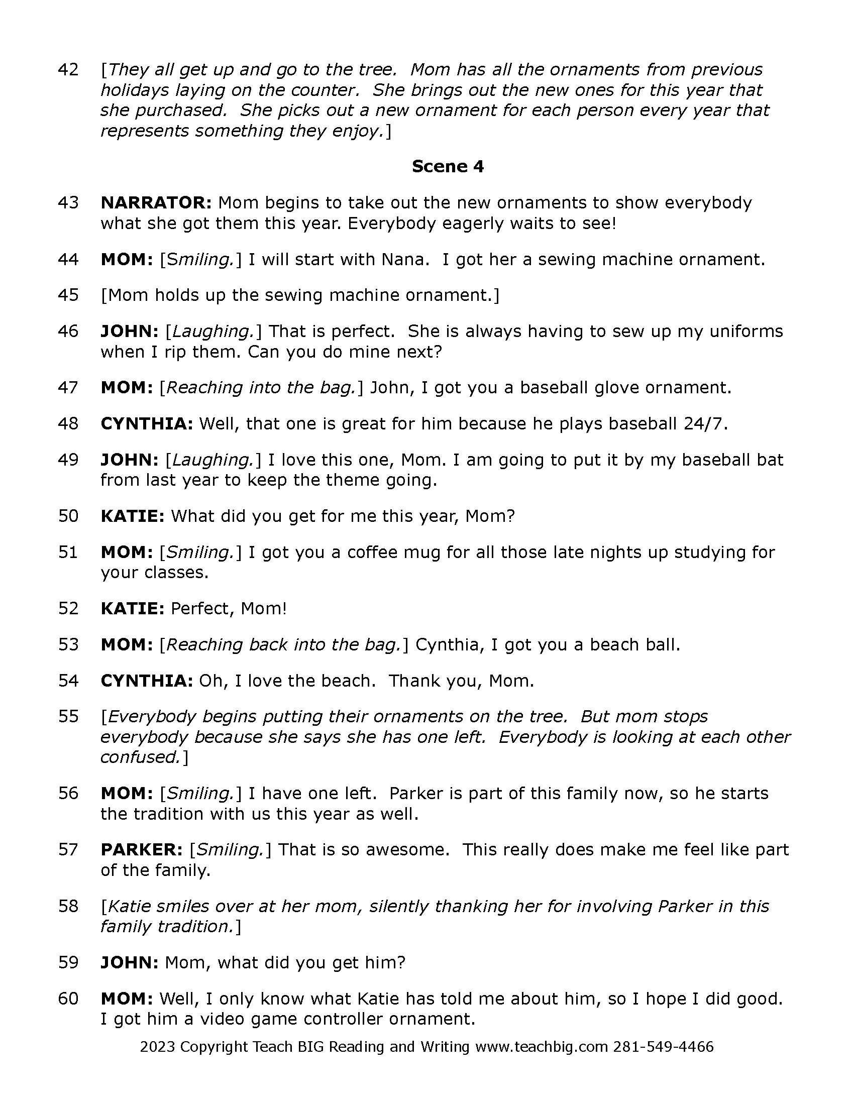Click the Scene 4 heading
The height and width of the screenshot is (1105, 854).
447,166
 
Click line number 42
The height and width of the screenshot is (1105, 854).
68,70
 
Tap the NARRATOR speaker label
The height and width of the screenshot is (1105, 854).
156,203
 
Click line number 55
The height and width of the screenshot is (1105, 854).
68,716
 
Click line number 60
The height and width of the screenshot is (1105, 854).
68,999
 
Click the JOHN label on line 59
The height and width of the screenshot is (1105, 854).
130,962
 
